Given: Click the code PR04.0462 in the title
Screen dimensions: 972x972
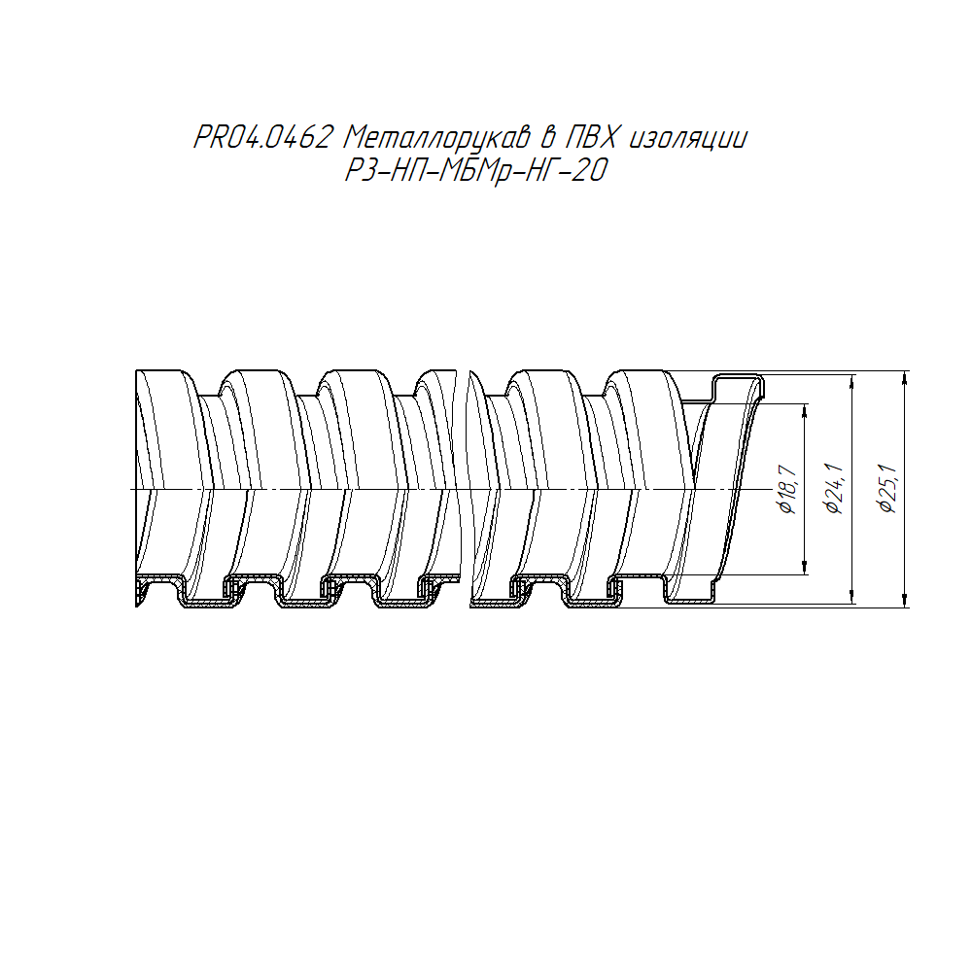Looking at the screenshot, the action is pyautogui.click(x=262, y=137).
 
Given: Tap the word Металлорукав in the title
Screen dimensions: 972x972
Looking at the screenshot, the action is pyautogui.click(x=436, y=138).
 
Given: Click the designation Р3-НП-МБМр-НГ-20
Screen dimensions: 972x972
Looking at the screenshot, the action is pyautogui.click(x=475, y=170).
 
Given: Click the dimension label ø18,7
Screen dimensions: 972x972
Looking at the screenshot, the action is pyautogui.click(x=788, y=489).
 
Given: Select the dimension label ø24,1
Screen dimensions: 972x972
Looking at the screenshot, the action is pyautogui.click(x=834, y=489).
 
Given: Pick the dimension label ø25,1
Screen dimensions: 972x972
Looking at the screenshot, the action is pyautogui.click(x=887, y=489).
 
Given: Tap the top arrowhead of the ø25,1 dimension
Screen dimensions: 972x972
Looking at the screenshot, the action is pyautogui.click(x=906, y=376).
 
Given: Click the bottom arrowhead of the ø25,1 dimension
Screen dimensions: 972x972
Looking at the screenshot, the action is pyautogui.click(x=906, y=601).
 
